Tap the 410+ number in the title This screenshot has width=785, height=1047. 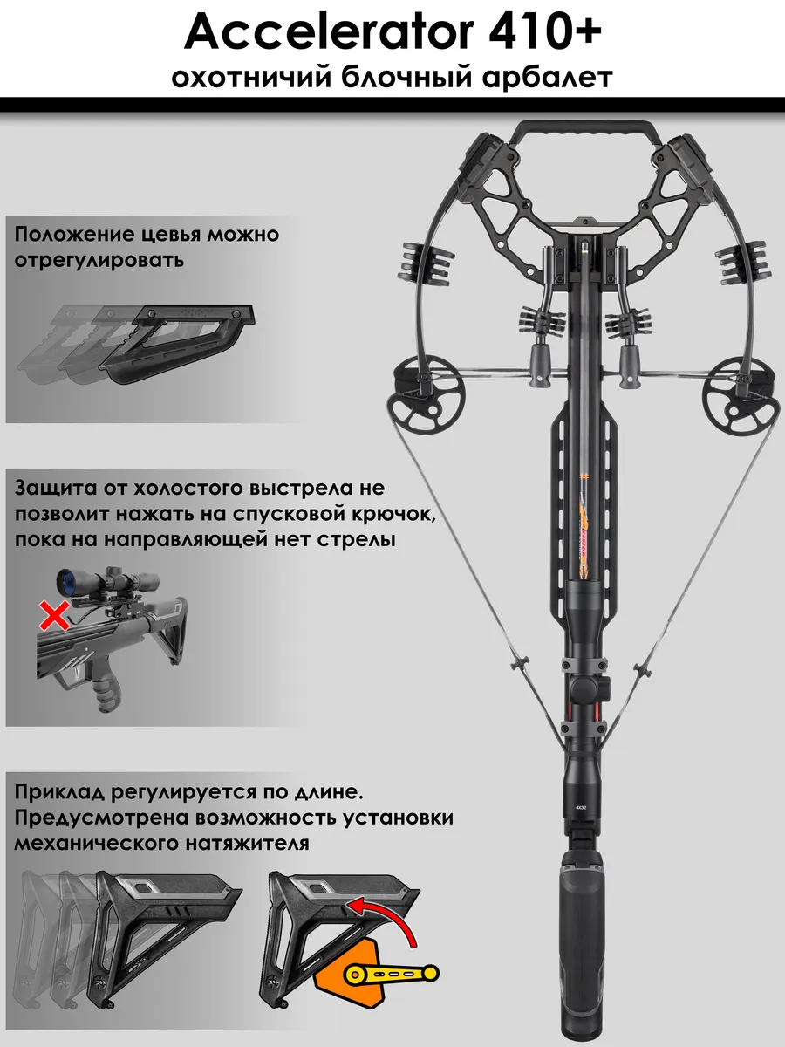point(544,33)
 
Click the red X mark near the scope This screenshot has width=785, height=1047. point(54,615)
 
